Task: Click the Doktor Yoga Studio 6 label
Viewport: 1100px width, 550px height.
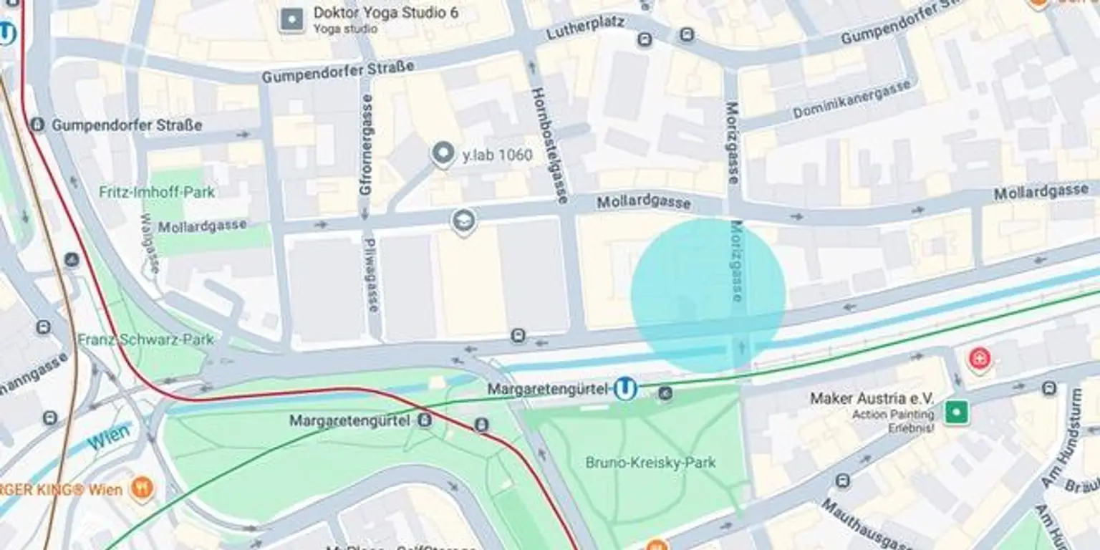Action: click(385, 13)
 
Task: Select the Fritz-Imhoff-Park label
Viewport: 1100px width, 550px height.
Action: click(157, 192)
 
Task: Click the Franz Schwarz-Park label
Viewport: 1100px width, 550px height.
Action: click(145, 339)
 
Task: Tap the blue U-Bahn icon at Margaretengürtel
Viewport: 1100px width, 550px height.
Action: click(626, 389)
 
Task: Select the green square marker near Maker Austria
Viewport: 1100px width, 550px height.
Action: click(956, 412)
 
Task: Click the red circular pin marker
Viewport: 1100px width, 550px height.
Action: click(980, 357)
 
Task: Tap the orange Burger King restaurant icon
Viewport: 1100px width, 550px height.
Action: click(143, 490)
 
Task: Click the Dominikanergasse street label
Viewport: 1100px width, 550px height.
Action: click(852, 100)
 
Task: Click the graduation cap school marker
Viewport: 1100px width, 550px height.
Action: click(464, 221)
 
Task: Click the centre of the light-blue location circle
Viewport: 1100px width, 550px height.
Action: click(708, 296)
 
